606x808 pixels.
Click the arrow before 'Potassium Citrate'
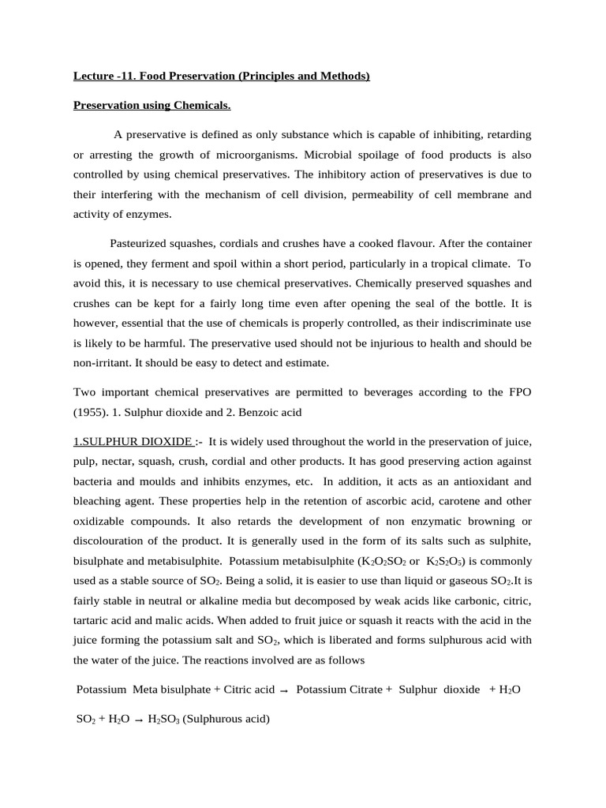pos(283,690)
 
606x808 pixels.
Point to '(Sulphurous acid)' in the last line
pos(226,720)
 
